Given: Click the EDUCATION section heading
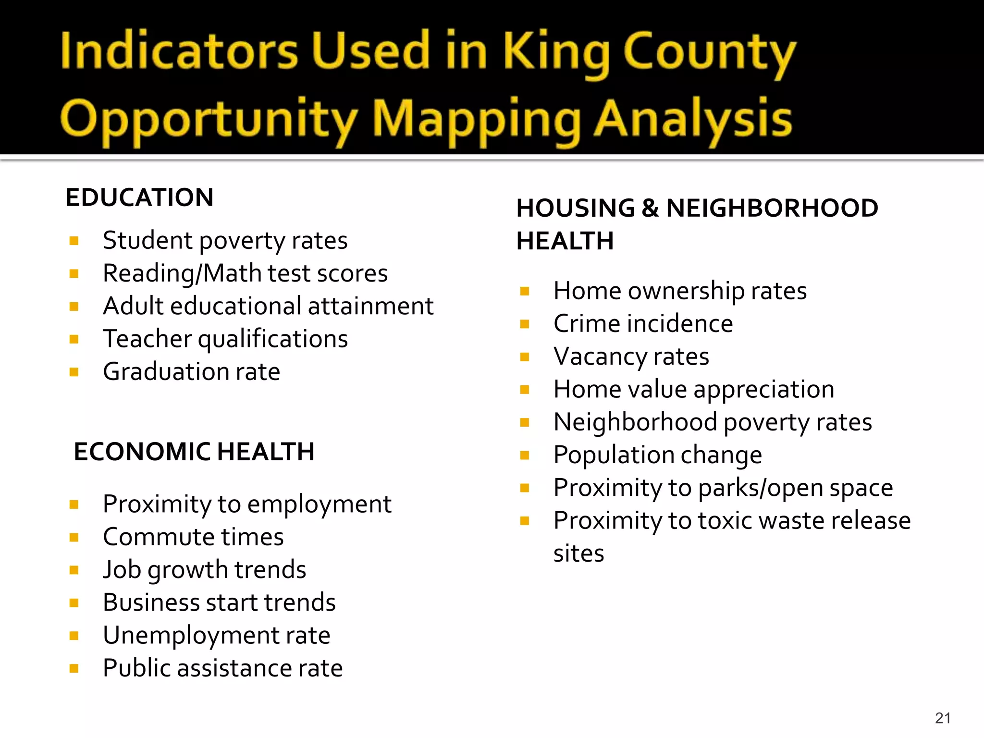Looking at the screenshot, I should (x=139, y=197).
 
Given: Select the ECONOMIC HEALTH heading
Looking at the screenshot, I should (x=194, y=452).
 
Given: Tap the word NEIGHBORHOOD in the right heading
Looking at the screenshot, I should (x=772, y=208).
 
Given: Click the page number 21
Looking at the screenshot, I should (x=943, y=718).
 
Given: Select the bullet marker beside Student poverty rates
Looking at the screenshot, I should (x=74, y=241).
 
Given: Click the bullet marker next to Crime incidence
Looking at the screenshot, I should (x=525, y=324).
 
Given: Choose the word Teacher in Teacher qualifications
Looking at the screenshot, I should (x=147, y=339).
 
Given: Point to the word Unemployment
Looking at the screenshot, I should (x=192, y=635).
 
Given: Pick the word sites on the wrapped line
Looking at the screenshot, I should (x=578, y=553).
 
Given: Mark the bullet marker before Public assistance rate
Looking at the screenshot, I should (x=74, y=668).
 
